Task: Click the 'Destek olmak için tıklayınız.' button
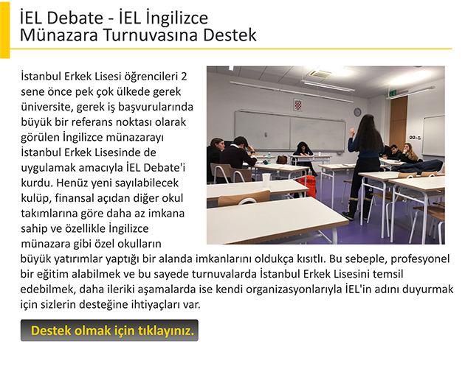[x=109, y=330]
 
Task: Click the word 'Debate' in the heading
[x=75, y=18]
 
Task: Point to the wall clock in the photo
[x=357, y=112]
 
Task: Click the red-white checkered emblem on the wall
[x=297, y=105]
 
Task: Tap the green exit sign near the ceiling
[x=393, y=94]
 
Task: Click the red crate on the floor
[x=306, y=185]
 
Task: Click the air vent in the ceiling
[x=321, y=73]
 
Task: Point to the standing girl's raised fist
[x=352, y=131]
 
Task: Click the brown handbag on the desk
[x=282, y=160]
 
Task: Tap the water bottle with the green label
[x=269, y=158]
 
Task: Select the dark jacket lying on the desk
[x=418, y=166]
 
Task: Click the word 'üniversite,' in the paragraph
[x=46, y=107]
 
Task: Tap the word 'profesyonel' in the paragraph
[x=420, y=259]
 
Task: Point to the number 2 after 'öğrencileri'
[x=184, y=77]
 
